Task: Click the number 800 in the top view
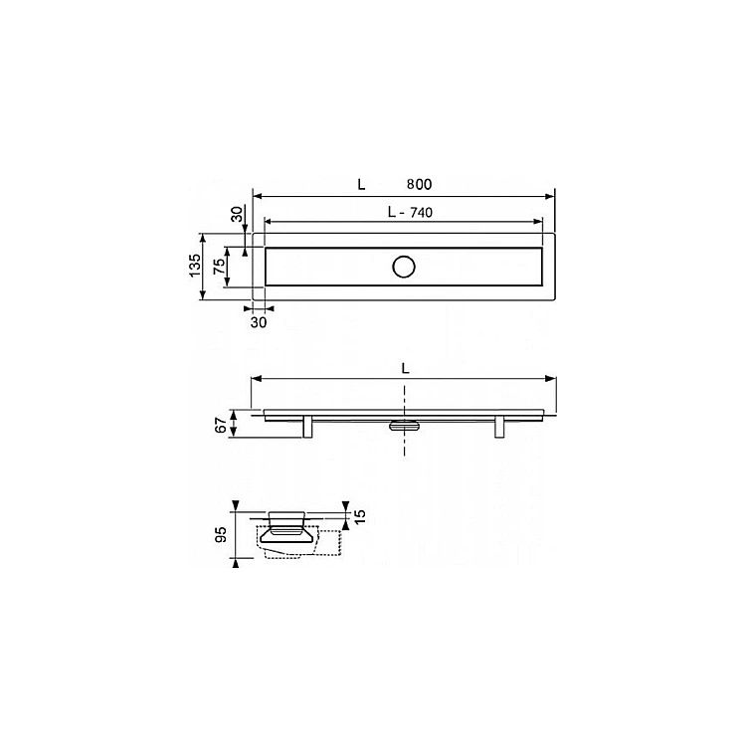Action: tap(419, 184)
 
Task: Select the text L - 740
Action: tap(410, 212)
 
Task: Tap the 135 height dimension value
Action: tap(195, 266)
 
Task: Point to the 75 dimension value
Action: tap(219, 266)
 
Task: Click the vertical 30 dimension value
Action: tap(237, 214)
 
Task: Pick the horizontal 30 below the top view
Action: tap(259, 322)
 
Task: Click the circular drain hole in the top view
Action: tap(404, 267)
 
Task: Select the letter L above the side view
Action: tap(405, 368)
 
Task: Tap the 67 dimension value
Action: tap(221, 425)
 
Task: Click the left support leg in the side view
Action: tap(307, 427)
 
